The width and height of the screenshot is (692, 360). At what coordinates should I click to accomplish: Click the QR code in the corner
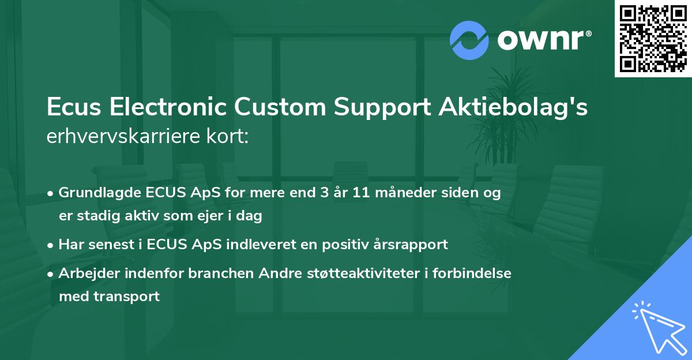tap(653, 39)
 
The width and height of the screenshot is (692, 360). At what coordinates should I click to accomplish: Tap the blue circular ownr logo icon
tap(470, 40)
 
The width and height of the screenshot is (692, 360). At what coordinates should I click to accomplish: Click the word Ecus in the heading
tap(73, 108)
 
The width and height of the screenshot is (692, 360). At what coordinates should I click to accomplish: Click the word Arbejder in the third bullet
tap(86, 273)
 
